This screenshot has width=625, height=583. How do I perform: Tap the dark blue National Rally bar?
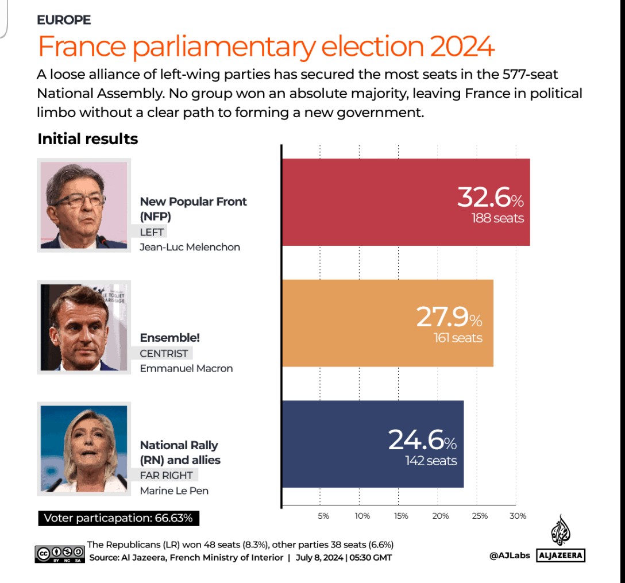pos(333,444)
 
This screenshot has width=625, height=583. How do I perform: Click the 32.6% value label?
pos(490,198)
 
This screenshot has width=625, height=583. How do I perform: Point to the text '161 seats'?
pos(458,338)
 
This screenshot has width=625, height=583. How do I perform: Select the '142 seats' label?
pos(431,461)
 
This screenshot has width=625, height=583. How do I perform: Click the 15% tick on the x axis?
pos(401,516)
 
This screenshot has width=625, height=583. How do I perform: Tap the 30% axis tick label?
pos(518,516)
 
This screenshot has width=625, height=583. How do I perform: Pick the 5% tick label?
pos(323,516)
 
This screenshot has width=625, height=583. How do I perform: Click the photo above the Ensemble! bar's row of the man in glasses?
pos(84,205)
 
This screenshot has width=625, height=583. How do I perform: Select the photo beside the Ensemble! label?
pos(84,327)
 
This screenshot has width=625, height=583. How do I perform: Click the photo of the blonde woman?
pos(84,449)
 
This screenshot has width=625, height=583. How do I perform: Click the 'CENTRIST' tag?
pos(164,354)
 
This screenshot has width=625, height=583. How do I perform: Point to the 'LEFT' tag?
pos(152,232)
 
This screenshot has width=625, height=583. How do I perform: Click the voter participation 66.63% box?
pos(118,518)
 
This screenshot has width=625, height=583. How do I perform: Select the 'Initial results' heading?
pos(87,139)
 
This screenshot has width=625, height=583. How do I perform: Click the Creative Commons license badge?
pos(60,553)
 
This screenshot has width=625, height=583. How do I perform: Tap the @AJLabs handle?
pos(509,555)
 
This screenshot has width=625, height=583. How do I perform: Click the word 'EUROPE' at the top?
pos(64,20)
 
